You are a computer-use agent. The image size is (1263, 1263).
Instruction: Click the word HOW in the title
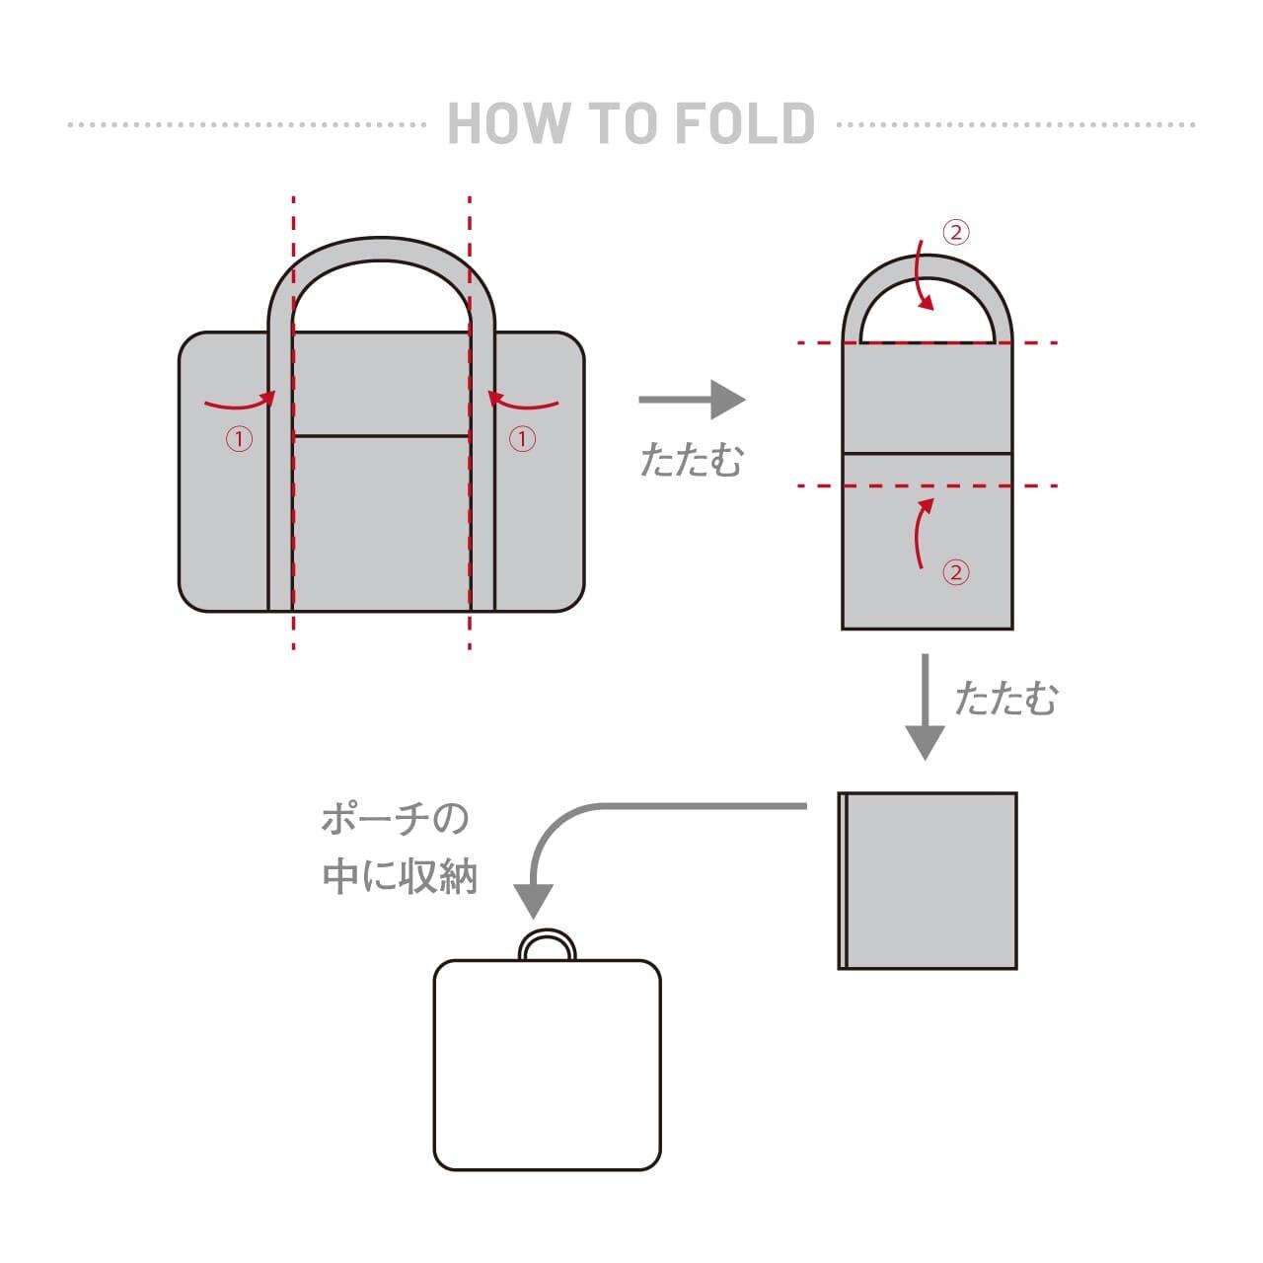tap(507, 123)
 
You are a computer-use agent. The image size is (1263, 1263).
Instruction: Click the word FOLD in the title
tap(745, 123)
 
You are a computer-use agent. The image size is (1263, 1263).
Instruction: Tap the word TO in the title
tap(623, 123)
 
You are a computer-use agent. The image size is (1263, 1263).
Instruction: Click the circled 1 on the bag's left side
tap(239, 438)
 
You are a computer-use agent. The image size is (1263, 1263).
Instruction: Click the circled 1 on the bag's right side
tap(522, 438)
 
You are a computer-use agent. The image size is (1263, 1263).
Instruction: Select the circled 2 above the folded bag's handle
tap(955, 233)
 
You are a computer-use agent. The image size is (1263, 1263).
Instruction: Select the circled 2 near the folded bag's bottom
tap(955, 572)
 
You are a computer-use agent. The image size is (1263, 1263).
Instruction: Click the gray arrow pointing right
tap(692, 400)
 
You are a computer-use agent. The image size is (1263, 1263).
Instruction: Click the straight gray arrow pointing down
tap(925, 706)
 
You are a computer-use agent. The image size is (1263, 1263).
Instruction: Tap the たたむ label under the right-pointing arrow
tap(691, 460)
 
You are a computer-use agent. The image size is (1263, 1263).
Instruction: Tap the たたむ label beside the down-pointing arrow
tap(1005, 698)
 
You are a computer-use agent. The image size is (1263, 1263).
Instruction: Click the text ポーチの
tap(396, 819)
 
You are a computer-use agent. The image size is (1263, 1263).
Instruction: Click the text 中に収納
tap(400, 876)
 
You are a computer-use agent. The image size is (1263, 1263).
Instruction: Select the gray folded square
tap(928, 880)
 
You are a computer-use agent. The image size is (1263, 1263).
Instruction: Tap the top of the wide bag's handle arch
tap(381, 249)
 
